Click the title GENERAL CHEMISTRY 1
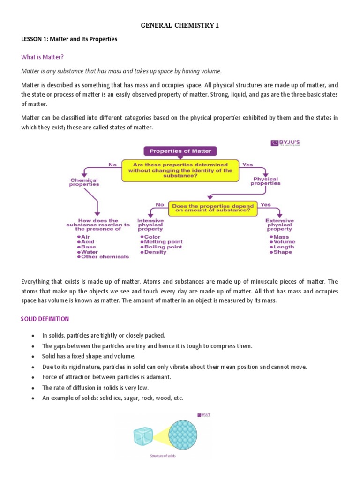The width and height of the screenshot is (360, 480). [180, 26]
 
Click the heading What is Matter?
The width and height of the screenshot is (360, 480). [42, 57]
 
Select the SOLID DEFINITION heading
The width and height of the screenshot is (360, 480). [45, 319]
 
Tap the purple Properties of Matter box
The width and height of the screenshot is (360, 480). [180, 151]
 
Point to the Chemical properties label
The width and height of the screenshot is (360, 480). [84, 182]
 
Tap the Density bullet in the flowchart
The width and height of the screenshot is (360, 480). [155, 252]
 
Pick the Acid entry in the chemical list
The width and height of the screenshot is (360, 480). [88, 242]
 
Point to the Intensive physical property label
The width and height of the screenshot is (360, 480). [150, 225]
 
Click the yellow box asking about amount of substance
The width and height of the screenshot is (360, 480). [212, 208]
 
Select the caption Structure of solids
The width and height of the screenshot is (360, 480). [163, 456]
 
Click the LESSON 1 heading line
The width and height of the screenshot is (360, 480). [69, 39]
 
